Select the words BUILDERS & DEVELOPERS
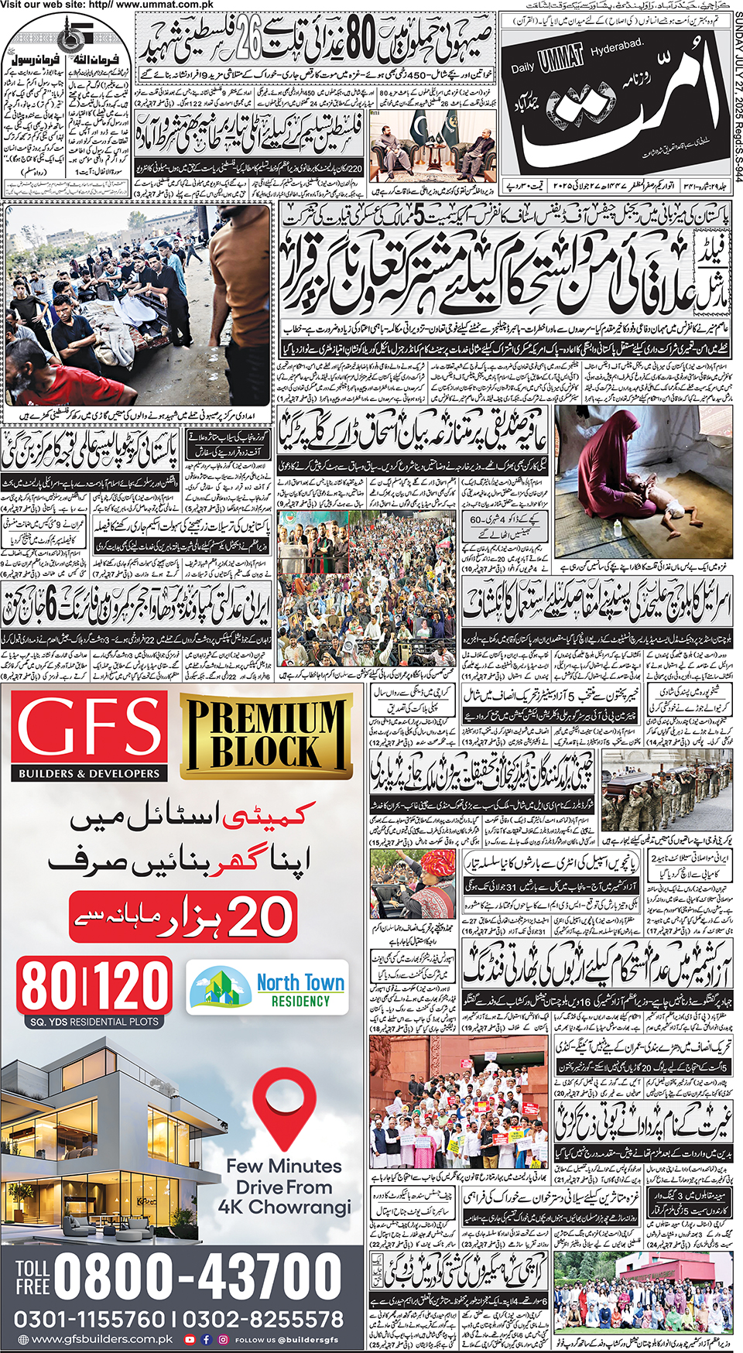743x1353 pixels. (x=89, y=773)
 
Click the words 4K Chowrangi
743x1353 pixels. (x=284, y=1207)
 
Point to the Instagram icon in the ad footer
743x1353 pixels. (x=223, y=1340)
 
